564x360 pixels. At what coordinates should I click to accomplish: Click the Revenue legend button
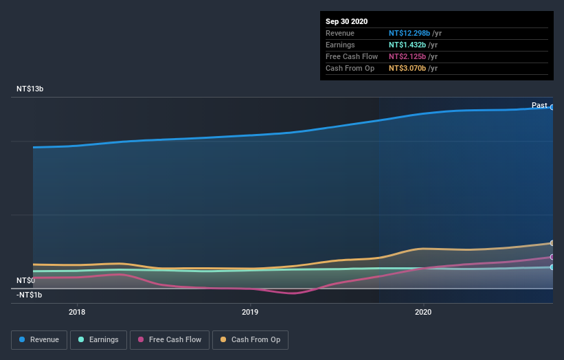pos(40,339)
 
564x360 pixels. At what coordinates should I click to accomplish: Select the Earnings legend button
pos(98,339)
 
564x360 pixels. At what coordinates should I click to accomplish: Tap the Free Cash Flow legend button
pos(169,339)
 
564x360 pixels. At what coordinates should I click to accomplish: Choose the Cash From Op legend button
pos(251,339)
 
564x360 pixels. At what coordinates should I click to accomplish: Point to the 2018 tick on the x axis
pos(77,311)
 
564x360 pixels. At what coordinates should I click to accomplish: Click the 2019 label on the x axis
pos(250,311)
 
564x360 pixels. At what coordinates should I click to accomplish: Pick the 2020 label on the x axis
pos(423,311)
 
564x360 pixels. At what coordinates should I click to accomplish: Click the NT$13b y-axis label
pos(30,89)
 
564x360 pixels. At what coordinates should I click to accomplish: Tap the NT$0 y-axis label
pos(25,280)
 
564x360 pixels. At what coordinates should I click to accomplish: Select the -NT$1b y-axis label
pos(30,295)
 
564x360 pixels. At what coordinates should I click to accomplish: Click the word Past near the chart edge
pos(539,106)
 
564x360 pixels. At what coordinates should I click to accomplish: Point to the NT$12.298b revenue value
pos(409,33)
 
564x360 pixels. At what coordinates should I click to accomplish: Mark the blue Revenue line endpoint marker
pos(552,107)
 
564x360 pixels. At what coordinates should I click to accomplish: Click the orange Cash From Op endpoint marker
pos(552,243)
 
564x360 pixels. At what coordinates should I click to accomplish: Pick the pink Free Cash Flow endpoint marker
pos(552,257)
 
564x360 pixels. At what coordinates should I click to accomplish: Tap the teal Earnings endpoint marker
pos(552,267)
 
